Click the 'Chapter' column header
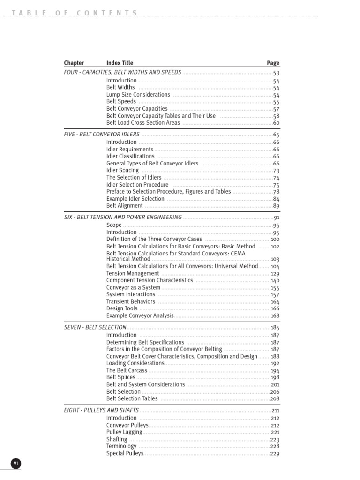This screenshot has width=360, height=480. (x=74, y=63)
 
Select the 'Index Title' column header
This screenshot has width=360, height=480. (x=120, y=63)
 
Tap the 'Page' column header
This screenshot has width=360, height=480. (x=273, y=63)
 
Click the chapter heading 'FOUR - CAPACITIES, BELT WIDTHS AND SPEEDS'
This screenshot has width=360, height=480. (x=122, y=73)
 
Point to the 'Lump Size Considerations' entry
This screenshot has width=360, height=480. (x=138, y=95)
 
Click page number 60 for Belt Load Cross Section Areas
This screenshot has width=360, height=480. (x=276, y=123)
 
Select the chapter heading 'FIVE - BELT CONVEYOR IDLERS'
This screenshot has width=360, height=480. (x=102, y=135)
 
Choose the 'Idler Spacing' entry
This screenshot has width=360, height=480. (x=122, y=171)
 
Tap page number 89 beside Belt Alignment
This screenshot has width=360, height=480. (x=276, y=206)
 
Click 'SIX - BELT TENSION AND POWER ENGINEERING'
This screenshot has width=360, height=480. (x=123, y=217)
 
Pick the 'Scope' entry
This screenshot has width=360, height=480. (x=114, y=225)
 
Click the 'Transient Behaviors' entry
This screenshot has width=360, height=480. (x=131, y=302)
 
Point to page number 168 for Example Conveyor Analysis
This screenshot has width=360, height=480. (x=275, y=316)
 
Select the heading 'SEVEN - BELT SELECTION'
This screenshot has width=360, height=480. (x=95, y=327)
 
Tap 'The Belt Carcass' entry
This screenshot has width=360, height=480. (x=127, y=370)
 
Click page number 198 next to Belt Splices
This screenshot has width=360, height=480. (x=275, y=377)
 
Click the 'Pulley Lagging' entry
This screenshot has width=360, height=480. (x=124, y=432)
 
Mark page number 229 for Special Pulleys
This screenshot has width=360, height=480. (x=275, y=454)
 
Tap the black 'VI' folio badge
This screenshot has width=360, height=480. (x=16, y=463)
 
